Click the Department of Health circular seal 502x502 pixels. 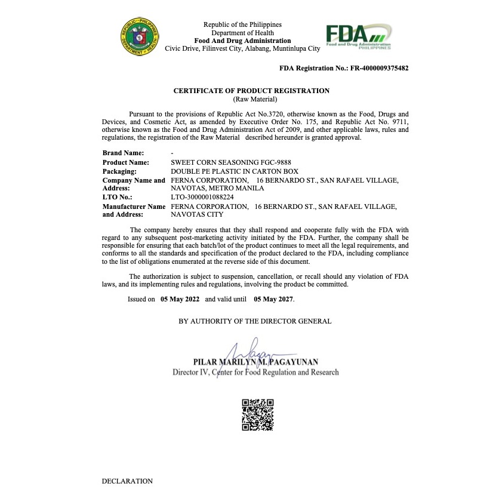click(140, 36)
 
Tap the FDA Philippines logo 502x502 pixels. click(358, 37)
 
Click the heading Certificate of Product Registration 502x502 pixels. click(251, 91)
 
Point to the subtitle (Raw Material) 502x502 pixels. click(251, 99)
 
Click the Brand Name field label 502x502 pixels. click(123, 153)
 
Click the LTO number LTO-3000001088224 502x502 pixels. click(202, 197)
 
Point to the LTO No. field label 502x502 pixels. click(117, 197)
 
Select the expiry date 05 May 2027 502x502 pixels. click(273, 299)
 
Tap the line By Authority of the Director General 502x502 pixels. click(255, 321)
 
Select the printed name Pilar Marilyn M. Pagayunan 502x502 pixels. click(255, 362)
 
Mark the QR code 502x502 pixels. click(258, 415)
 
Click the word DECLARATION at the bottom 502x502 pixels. click(127, 481)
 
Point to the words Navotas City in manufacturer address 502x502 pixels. click(197, 214)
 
